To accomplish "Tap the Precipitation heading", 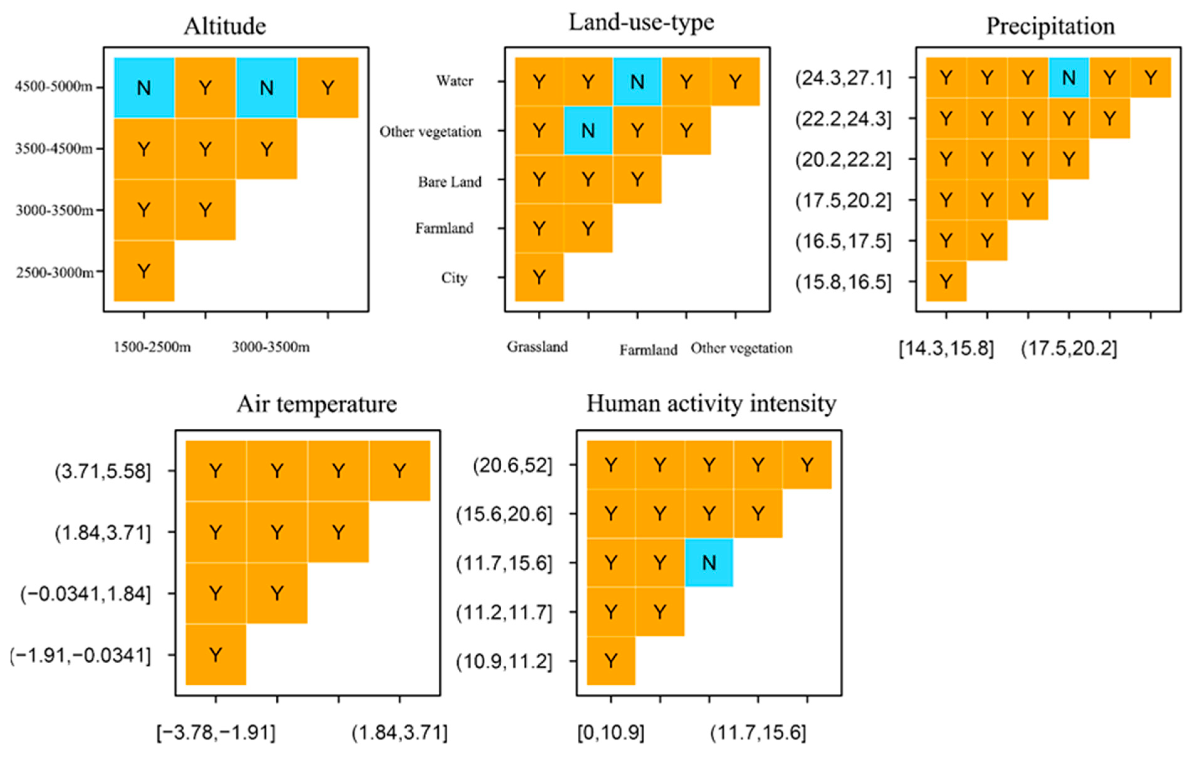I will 1051,26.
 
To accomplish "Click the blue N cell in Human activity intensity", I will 709,563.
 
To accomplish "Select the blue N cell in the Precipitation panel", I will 1068,78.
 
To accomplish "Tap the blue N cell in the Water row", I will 637,82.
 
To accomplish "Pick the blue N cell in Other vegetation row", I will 588,131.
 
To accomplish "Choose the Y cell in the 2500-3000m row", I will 144,272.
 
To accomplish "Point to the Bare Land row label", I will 450,182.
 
